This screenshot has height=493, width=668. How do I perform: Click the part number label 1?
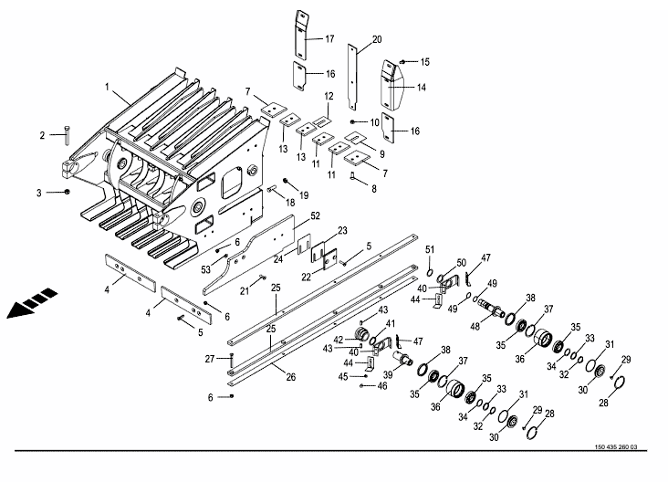(107, 88)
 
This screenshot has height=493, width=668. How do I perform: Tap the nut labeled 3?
(69, 193)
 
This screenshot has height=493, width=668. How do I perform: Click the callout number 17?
(329, 38)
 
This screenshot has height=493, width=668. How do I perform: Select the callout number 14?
(422, 88)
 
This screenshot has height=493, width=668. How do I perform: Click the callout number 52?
(315, 215)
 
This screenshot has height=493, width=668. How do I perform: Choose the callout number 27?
(208, 358)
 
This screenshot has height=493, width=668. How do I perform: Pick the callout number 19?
(303, 194)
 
